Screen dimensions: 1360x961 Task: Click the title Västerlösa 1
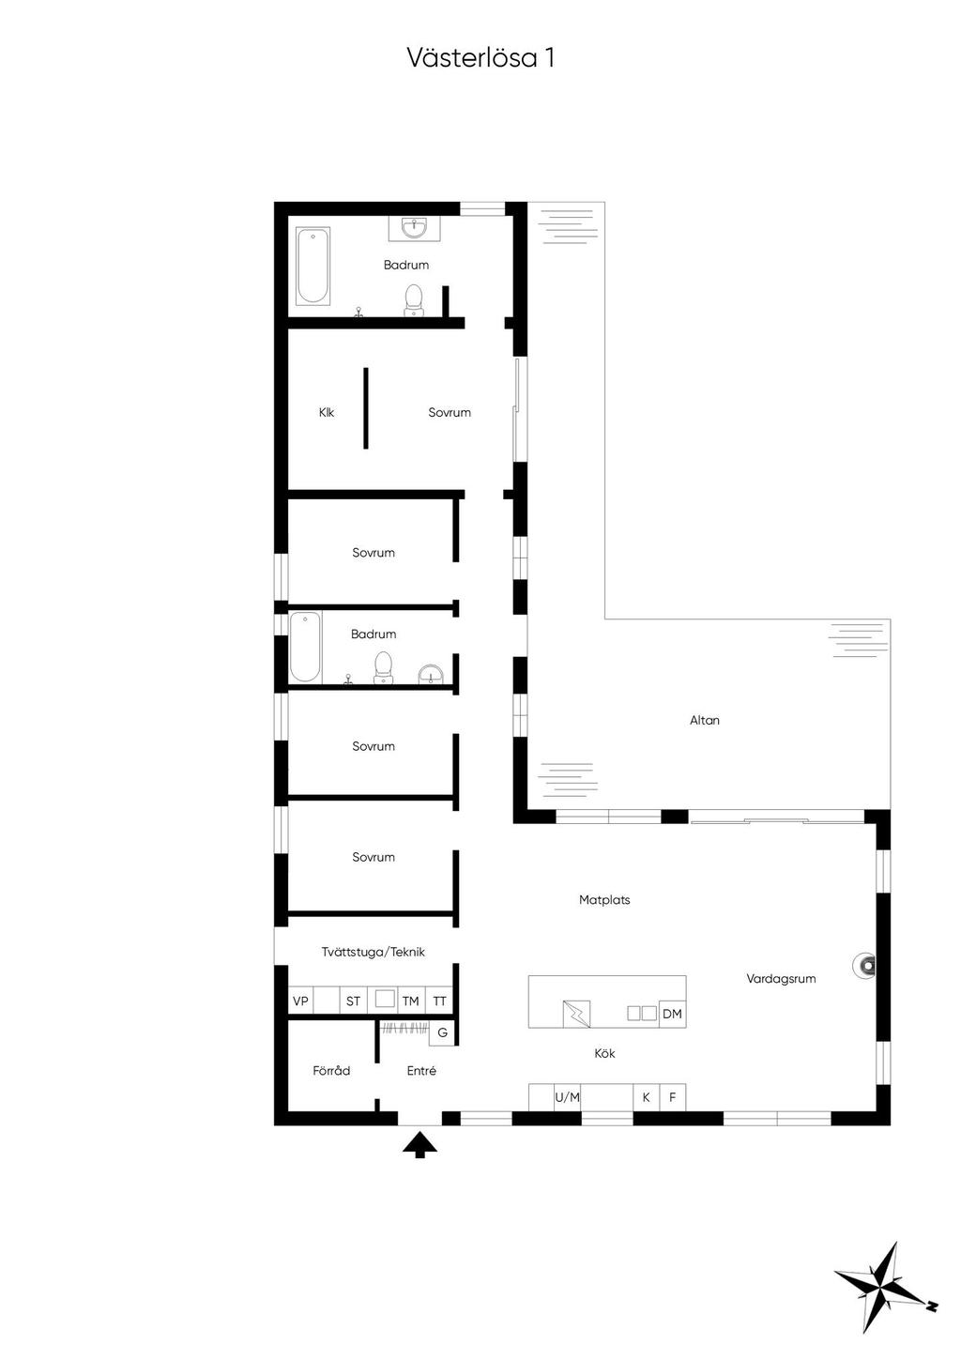[480, 58]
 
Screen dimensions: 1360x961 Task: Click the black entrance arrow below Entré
[419, 1144]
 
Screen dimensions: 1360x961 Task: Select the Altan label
[705, 721]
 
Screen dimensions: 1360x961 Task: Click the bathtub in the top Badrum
[313, 266]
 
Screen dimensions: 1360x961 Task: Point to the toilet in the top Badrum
[413, 300]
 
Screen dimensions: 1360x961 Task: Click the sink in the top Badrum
[414, 228]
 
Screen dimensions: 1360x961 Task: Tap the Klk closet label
[327, 413]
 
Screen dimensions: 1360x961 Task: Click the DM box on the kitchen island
[672, 1014]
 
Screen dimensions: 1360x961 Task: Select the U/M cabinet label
[567, 1097]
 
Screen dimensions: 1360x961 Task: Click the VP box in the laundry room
[300, 1001]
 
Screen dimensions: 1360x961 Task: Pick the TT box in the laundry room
[439, 1001]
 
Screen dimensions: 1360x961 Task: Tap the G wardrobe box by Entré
[443, 1033]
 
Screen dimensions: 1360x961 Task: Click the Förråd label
[331, 1071]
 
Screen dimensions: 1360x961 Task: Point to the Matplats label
[604, 900]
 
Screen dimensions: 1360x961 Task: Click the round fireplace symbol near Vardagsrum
[863, 965]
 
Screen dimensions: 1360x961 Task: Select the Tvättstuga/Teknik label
[374, 953]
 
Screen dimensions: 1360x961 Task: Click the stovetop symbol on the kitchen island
[576, 1014]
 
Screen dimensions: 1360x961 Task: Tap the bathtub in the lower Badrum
[305, 647]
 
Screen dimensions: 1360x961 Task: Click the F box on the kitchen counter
[672, 1097]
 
